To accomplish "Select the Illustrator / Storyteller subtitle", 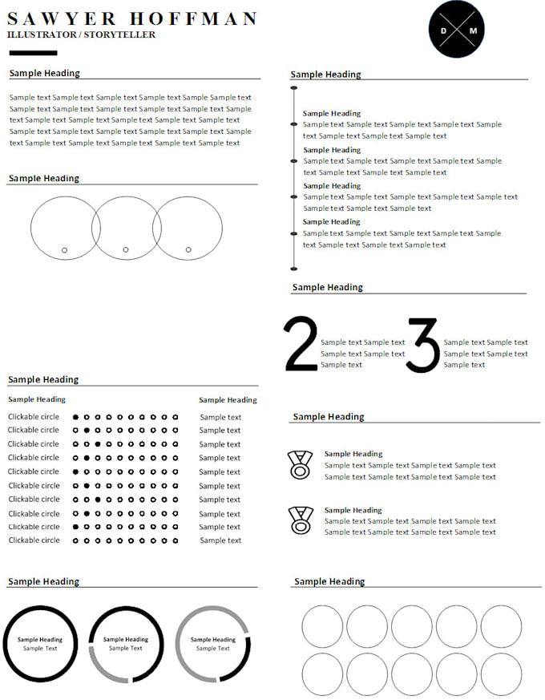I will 81,35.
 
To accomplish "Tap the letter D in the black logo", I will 443,30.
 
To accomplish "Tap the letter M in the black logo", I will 473,30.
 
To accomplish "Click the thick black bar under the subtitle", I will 33,53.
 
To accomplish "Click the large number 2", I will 301,345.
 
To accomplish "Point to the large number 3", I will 422,345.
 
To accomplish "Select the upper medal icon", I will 300,464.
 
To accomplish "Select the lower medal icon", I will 300,520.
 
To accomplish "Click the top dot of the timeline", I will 294,87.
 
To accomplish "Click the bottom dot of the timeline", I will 294,269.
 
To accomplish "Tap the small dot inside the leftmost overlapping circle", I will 65,250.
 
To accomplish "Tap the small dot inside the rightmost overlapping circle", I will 188,249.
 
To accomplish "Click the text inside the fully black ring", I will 40,644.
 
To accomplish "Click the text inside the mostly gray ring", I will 213,644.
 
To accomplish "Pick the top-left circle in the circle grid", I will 322,626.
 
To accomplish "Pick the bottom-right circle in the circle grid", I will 501,674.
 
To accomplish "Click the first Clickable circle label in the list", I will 34,417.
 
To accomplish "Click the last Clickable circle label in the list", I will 34,540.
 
